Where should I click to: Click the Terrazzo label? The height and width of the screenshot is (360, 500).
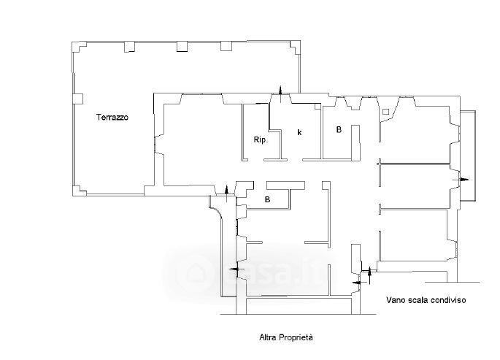click(112, 117)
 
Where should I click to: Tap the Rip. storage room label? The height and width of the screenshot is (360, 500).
click(261, 139)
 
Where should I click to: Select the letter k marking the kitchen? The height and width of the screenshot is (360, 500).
click(299, 132)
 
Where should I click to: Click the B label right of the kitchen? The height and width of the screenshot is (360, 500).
click(339, 129)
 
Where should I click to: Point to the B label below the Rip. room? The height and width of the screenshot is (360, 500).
click(268, 199)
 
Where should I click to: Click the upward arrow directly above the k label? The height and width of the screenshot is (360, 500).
click(280, 94)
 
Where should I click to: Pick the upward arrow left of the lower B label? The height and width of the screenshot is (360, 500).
click(227, 194)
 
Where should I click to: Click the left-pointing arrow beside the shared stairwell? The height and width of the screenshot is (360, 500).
click(358, 283)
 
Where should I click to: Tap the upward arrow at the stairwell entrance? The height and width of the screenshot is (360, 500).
click(370, 275)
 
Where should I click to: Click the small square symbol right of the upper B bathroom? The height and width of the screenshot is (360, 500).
click(386, 112)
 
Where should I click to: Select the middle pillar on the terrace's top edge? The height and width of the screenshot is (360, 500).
click(182, 47)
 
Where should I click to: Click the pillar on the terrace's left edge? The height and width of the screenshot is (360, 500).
click(78, 99)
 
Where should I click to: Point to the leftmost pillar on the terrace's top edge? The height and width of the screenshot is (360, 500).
click(129, 47)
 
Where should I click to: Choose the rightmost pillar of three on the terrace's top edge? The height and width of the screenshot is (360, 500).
click(226, 46)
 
